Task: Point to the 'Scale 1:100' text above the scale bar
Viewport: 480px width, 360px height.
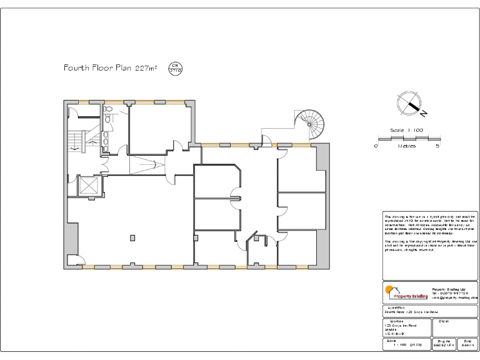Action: [406, 130]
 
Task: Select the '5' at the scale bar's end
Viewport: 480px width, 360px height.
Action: [437, 146]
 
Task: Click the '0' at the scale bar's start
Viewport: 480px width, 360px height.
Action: [376, 146]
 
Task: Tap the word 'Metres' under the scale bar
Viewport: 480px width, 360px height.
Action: [407, 146]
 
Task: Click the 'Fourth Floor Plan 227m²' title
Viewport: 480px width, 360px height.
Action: [110, 67]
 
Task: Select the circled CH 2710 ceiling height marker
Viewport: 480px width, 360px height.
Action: [176, 69]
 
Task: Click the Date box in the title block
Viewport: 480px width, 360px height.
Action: [467, 344]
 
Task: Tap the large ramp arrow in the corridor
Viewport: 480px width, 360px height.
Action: [147, 166]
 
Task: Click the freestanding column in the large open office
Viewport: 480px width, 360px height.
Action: [132, 237]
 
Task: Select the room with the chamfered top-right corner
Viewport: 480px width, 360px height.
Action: [216, 181]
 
